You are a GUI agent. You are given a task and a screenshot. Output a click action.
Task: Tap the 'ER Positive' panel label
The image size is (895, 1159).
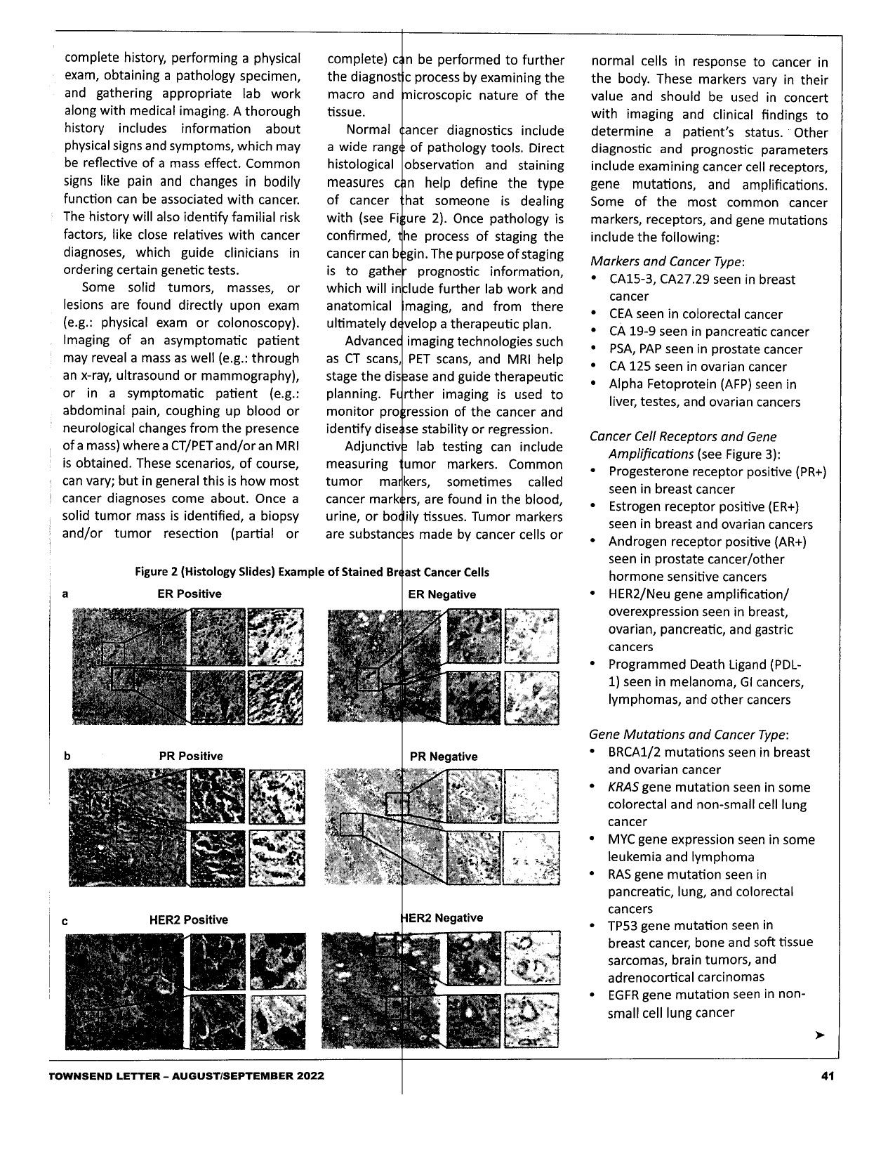tap(190, 594)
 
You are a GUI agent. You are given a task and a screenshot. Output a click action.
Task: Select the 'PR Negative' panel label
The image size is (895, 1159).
tap(444, 757)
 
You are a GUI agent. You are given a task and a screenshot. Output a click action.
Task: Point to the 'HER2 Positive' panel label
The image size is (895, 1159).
tap(189, 919)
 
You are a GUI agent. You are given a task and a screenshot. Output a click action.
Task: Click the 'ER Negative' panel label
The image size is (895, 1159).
tap(442, 594)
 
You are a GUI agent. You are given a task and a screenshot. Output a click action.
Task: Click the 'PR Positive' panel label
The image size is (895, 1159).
tap(191, 757)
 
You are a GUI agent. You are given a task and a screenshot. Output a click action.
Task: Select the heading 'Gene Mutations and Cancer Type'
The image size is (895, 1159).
tap(688, 735)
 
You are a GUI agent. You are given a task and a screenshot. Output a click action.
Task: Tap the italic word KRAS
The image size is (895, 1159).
tap(623, 787)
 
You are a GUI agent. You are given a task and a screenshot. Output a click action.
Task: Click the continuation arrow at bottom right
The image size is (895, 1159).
tap(818, 1035)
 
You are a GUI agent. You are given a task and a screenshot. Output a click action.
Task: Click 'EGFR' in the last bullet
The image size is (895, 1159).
tap(624, 995)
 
